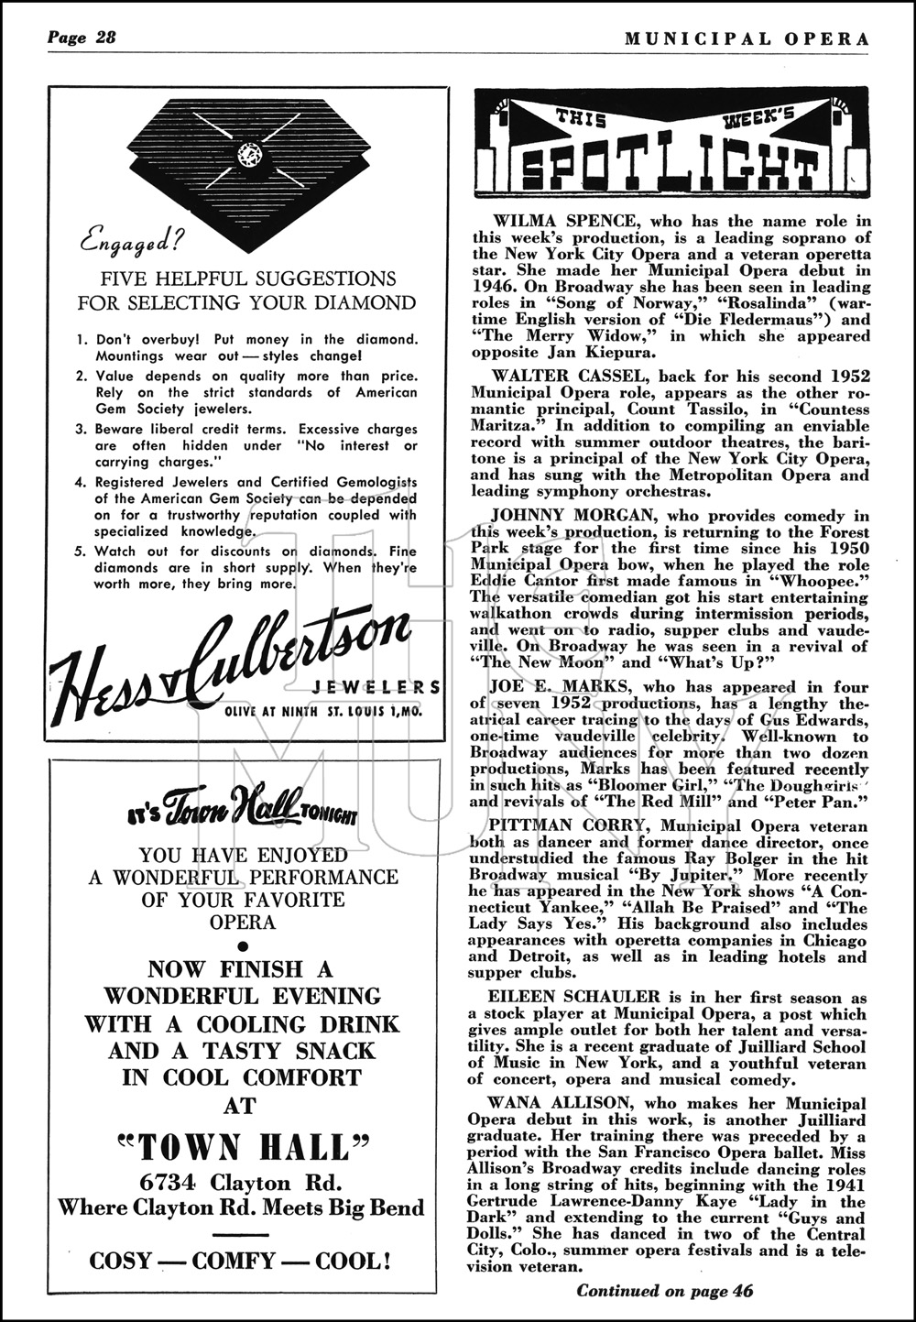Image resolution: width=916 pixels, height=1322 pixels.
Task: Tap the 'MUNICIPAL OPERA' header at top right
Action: coord(747,38)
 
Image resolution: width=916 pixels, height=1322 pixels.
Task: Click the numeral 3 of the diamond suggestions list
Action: coord(82,429)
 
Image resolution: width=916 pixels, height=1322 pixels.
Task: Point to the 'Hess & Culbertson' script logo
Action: coord(229,658)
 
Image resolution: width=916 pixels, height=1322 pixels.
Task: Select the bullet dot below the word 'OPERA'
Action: coord(243,945)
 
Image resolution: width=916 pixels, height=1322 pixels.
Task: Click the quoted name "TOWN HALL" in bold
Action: coord(243,1147)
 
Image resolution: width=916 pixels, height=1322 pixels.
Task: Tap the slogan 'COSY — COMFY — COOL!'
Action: coord(241,1261)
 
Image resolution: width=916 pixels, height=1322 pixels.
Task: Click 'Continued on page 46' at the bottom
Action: coord(664,1291)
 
